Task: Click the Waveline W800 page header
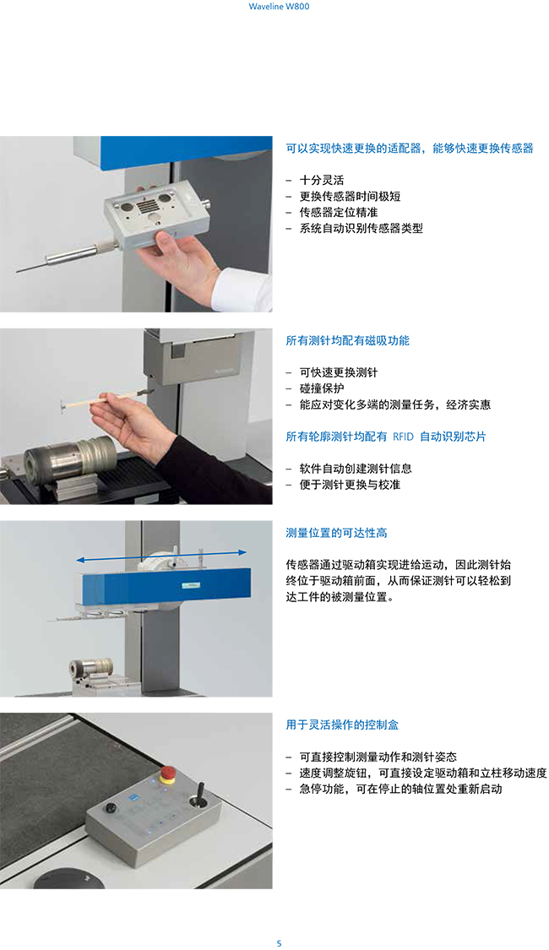(x=279, y=7)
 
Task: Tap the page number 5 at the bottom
(x=279, y=942)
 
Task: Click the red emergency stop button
(x=167, y=773)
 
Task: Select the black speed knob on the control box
(x=111, y=808)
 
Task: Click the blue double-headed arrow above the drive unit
(x=161, y=556)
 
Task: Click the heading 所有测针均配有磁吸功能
(x=348, y=340)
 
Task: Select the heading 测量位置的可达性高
(x=336, y=533)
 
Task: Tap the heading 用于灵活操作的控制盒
(x=342, y=725)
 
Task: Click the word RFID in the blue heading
(x=403, y=437)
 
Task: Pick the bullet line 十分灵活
(x=322, y=180)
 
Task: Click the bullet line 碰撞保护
(x=322, y=388)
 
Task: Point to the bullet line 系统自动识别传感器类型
(x=361, y=228)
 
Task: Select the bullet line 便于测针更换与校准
(x=350, y=485)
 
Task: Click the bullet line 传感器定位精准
(x=339, y=212)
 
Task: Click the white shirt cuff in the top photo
(x=242, y=290)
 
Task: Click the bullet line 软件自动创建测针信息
(x=356, y=469)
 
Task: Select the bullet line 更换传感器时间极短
(x=350, y=196)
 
